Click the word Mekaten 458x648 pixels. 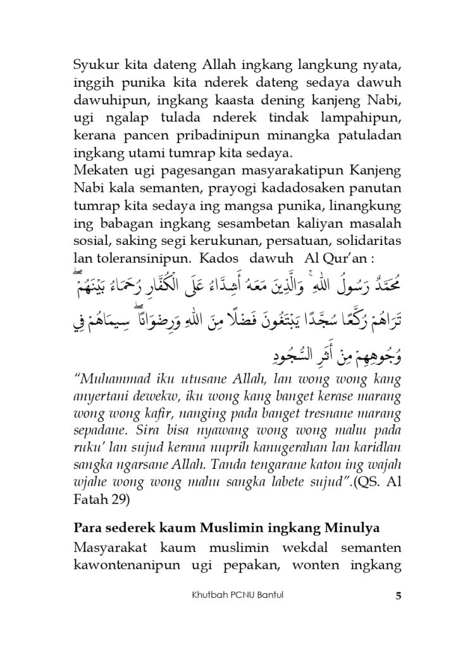click(96, 171)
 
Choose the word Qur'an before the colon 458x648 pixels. click(357, 260)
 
